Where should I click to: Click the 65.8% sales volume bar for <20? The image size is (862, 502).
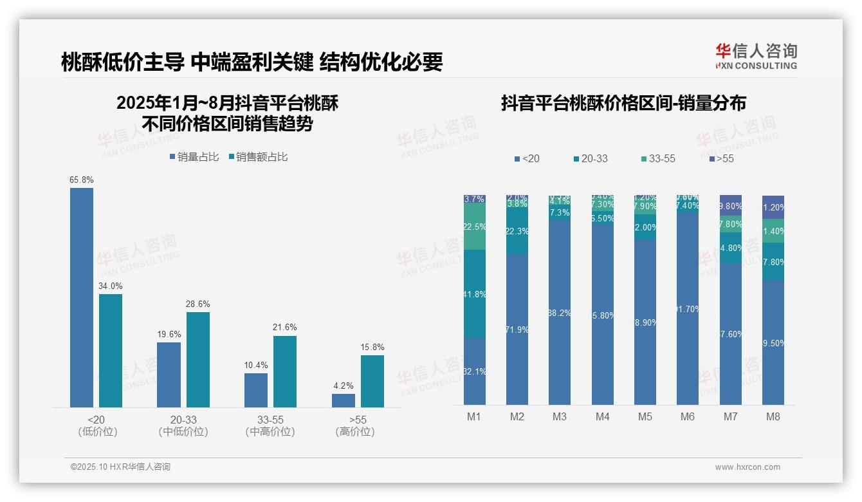[x=82, y=297]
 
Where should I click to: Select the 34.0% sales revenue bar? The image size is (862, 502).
[x=111, y=351]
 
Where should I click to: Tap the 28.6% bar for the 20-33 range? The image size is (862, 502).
[x=198, y=360]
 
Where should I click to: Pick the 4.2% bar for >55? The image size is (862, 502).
[x=344, y=400]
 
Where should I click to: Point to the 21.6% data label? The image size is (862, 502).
[x=285, y=328]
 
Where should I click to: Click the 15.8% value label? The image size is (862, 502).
[x=372, y=348]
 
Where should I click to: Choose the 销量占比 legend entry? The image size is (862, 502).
[x=194, y=157]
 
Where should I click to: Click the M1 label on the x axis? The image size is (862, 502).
[x=474, y=416]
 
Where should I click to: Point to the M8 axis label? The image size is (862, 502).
[x=773, y=416]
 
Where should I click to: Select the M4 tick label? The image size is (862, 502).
[x=602, y=416]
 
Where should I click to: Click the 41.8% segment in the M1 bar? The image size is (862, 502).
[x=475, y=294]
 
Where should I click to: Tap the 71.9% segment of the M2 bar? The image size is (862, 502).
[x=517, y=330]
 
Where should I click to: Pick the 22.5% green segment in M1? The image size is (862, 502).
[x=475, y=227]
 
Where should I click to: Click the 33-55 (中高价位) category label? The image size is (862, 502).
[x=270, y=425]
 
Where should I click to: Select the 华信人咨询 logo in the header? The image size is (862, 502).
[x=756, y=57]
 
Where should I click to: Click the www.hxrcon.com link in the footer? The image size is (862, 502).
[x=747, y=467]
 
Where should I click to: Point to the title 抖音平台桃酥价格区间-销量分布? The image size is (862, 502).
[x=623, y=104]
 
